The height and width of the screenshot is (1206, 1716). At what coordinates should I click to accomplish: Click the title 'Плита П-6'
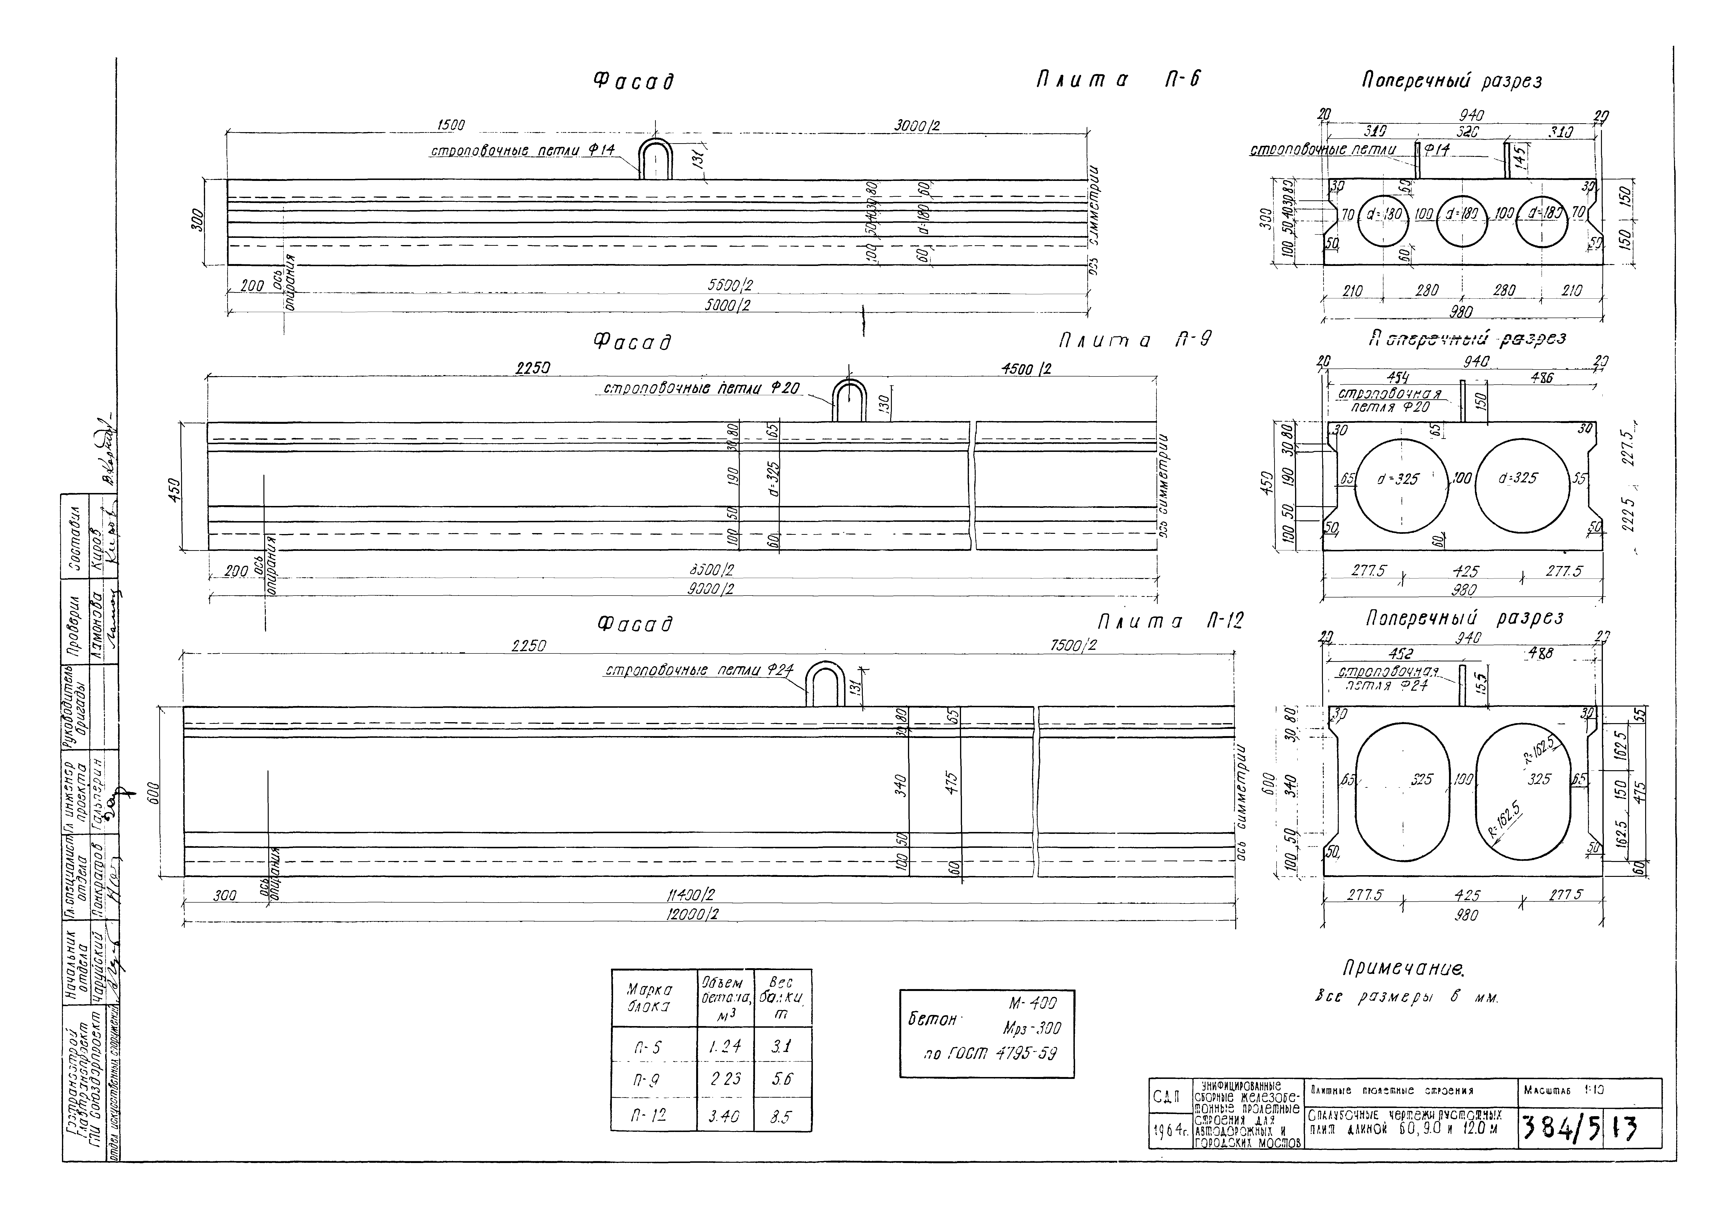[1117, 79]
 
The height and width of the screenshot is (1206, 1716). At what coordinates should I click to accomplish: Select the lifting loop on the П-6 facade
[656, 159]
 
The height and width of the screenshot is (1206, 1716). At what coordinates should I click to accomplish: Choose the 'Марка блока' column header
[652, 998]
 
